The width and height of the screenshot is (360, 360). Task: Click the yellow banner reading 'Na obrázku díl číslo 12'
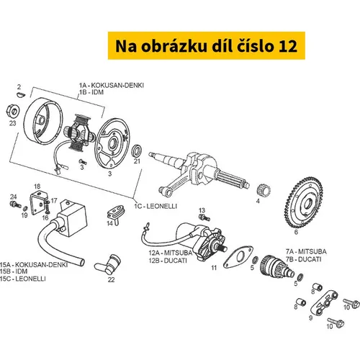pyautogui.click(x=207, y=45)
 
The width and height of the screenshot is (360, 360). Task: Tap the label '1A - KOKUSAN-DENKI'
pyautogui.click(x=112, y=85)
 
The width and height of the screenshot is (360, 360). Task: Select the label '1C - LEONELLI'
pyautogui.click(x=156, y=206)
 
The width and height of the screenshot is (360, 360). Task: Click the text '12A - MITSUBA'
pyautogui.click(x=171, y=253)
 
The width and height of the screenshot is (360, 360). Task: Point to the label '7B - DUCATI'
pyautogui.click(x=303, y=259)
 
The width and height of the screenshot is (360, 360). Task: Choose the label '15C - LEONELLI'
pyautogui.click(x=23, y=279)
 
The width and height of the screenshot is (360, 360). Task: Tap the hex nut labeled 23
pyautogui.click(x=12, y=111)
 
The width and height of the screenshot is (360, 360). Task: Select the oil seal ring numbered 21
pyautogui.click(x=137, y=151)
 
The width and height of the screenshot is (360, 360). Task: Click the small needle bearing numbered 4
pyautogui.click(x=264, y=191)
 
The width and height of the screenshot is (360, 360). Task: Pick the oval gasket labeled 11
pyautogui.click(x=238, y=257)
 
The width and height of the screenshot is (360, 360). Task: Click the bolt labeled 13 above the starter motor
pyautogui.click(x=204, y=217)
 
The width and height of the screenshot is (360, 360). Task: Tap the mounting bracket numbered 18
pyautogui.click(x=38, y=202)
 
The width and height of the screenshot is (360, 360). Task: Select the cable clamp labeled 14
pyautogui.click(x=115, y=212)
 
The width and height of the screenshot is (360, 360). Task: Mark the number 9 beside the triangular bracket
pyautogui.click(x=311, y=318)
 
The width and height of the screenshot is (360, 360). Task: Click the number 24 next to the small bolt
pyautogui.click(x=14, y=197)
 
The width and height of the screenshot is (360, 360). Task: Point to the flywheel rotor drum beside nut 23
pyautogui.click(x=44, y=121)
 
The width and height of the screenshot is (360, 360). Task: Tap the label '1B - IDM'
pyautogui.click(x=91, y=92)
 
